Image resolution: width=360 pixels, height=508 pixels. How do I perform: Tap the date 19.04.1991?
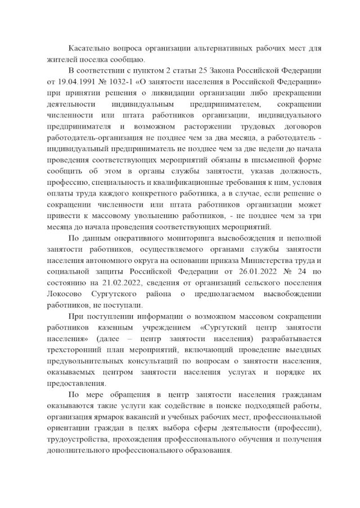[75, 82]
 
